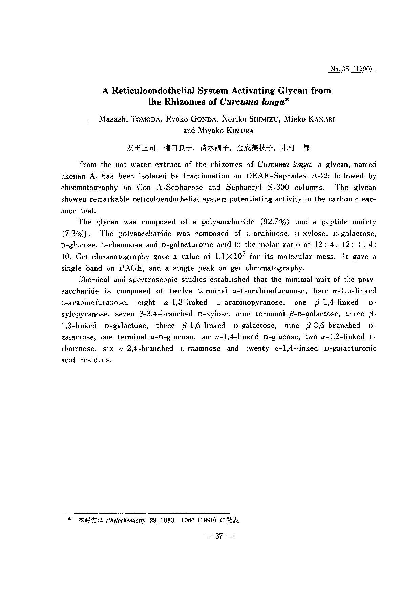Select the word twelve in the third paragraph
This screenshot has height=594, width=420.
(x=181, y=291)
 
